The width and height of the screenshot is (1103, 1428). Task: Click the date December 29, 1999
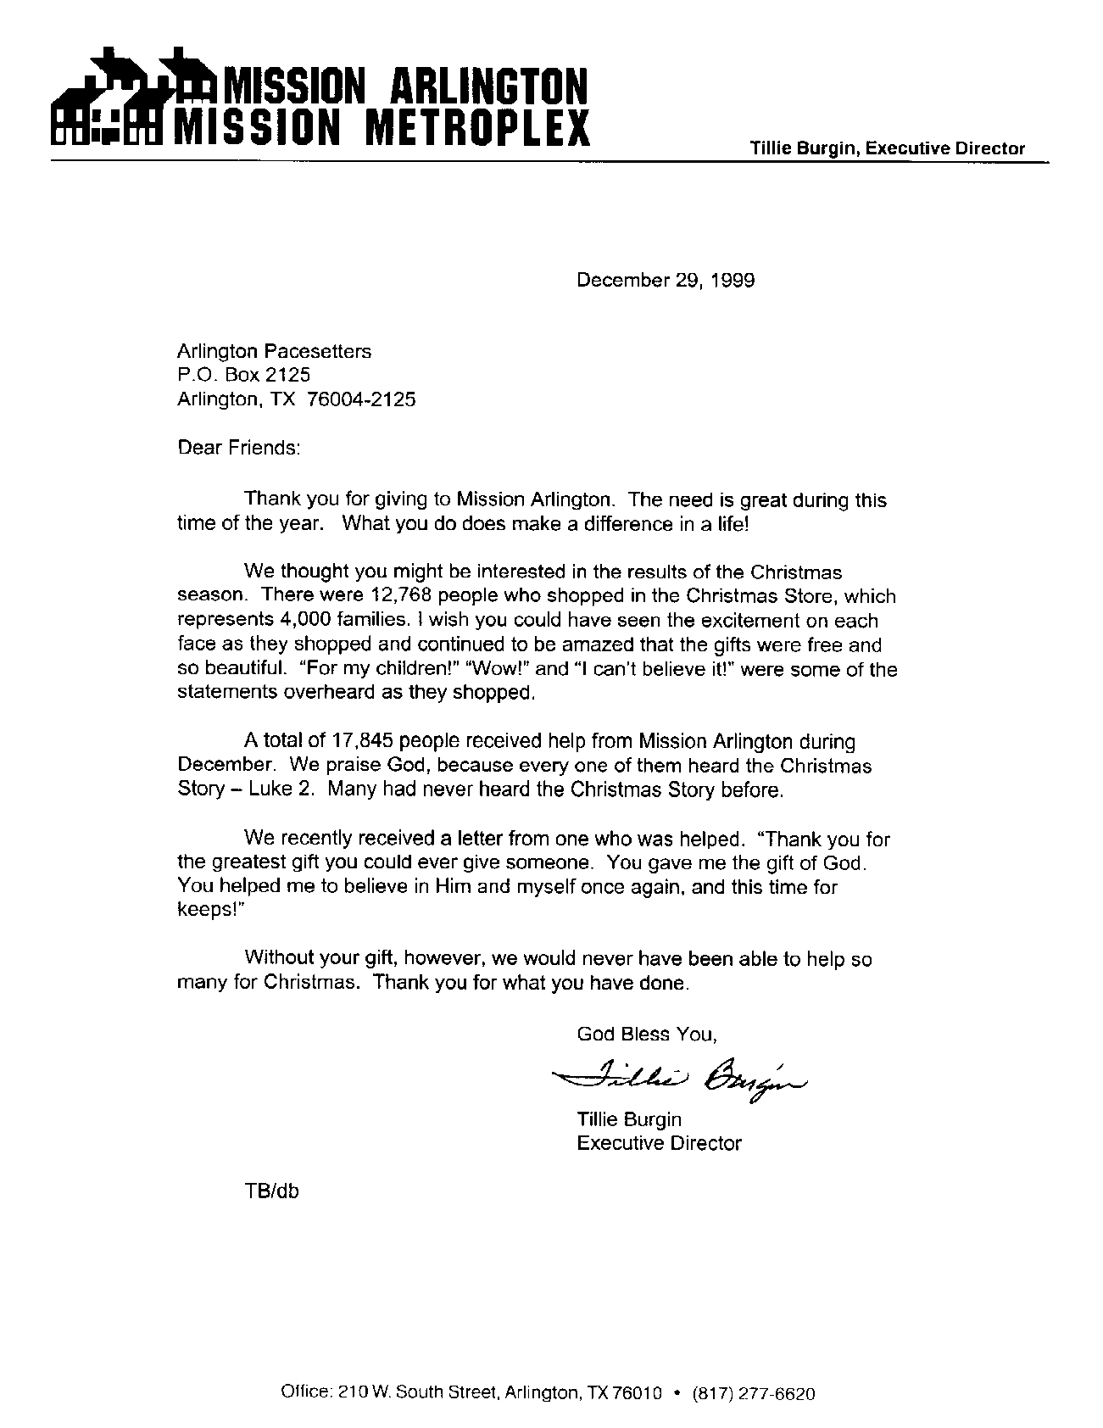tap(665, 281)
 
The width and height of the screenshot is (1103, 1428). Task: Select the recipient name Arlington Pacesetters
tap(274, 351)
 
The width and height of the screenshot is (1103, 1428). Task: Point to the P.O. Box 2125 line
tap(243, 375)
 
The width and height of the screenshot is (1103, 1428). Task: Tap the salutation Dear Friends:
tap(238, 447)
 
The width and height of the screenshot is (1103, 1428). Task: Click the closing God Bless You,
tap(647, 1034)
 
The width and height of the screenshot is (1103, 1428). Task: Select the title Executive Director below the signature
tap(659, 1143)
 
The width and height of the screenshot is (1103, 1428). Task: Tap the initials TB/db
tap(271, 1191)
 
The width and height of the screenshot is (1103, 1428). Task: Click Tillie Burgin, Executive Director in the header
tap(887, 148)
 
